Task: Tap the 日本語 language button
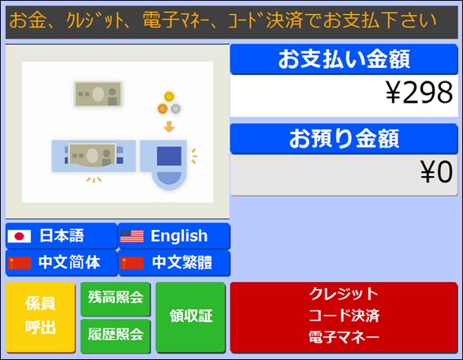[x=62, y=236]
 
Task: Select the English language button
[x=174, y=236]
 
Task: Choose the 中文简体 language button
[x=62, y=263]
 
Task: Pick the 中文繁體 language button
[x=174, y=263]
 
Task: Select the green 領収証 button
[x=190, y=317]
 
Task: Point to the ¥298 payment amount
[x=419, y=92]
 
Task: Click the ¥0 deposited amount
[x=436, y=172]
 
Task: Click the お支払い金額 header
[x=344, y=59]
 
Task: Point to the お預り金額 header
[x=344, y=139]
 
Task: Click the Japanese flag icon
[x=19, y=236]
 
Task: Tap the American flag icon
[x=132, y=236]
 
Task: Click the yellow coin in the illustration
[x=169, y=96]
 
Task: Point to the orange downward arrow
[x=169, y=126]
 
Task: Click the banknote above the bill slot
[x=98, y=94]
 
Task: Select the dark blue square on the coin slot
[x=169, y=156]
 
